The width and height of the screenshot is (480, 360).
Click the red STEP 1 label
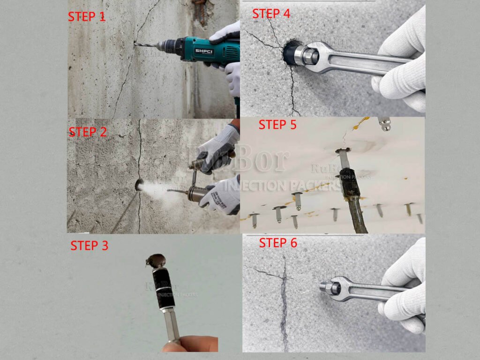[x=87, y=16]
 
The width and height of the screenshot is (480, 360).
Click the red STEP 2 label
[x=88, y=132]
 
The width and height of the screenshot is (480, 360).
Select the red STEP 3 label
[x=89, y=245]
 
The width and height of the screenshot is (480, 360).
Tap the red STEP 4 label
[x=271, y=14]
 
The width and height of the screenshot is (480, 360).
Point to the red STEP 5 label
[x=278, y=125]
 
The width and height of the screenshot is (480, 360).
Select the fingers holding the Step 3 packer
[x=192, y=344]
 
